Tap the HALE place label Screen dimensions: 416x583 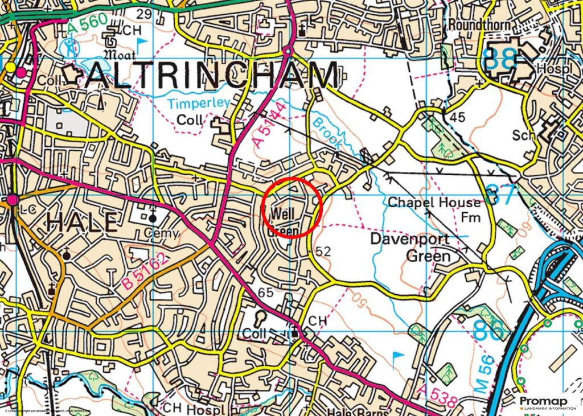(x=83, y=221)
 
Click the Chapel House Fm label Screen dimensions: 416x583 (x=434, y=209)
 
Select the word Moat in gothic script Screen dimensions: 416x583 (x=118, y=56)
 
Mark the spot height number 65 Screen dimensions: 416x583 (x=266, y=293)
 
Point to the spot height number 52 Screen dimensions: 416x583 (x=323, y=250)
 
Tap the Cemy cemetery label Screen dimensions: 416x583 (x=162, y=233)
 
